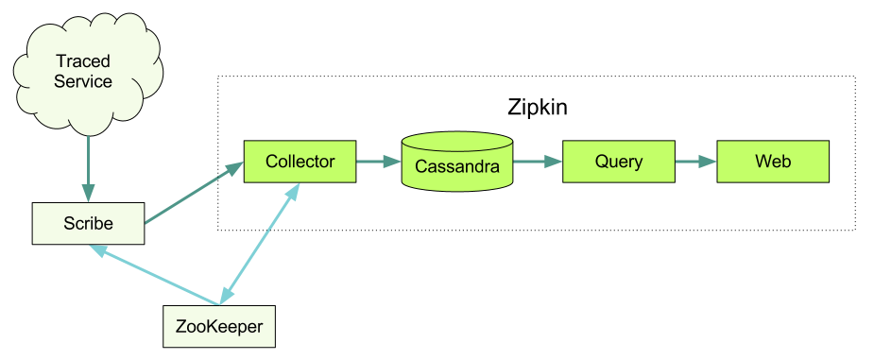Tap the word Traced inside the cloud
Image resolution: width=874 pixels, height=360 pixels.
tap(83, 61)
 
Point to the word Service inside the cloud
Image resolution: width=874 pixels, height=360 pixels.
tap(83, 82)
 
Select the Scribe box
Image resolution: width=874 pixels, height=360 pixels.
tap(88, 223)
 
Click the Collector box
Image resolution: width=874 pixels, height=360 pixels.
tap(300, 162)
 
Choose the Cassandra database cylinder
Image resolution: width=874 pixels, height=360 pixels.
tap(457, 164)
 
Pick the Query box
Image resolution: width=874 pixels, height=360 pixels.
tap(618, 162)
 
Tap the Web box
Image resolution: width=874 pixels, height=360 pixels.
tap(772, 162)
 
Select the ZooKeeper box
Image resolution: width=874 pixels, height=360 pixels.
tap(219, 326)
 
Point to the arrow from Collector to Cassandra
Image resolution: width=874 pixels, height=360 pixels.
tap(378, 162)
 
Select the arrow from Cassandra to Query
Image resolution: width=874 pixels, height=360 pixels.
tap(537, 162)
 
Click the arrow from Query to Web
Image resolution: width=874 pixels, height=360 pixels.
tap(694, 162)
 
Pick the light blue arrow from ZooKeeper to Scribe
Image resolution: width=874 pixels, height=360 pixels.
tap(156, 276)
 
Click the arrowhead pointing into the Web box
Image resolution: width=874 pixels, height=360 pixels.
tap(710, 162)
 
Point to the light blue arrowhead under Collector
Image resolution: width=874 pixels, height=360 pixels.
tap(295, 190)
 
